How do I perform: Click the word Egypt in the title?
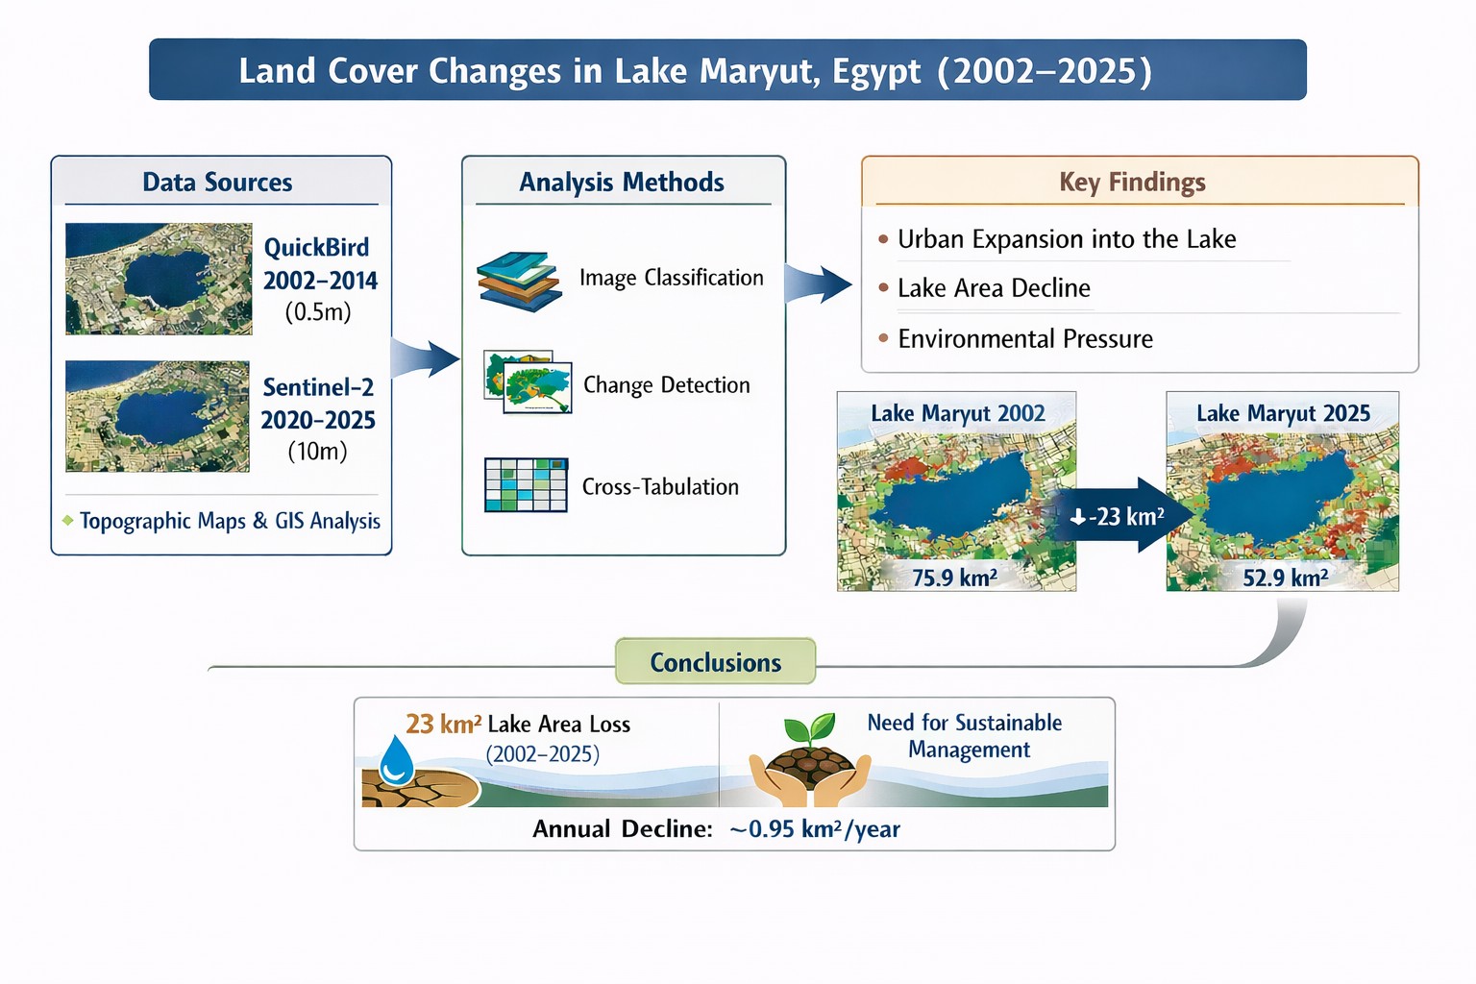pos(876,72)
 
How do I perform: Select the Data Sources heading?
pos(217,182)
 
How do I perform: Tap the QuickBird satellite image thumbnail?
pos(159,279)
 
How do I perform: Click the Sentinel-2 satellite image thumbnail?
pos(158,416)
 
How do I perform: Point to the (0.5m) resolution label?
pos(318,311)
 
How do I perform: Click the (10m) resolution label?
pos(318,451)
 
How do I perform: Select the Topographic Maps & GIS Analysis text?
pos(230,521)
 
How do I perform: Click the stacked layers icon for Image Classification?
pos(519,281)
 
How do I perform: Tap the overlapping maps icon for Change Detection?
pos(528,381)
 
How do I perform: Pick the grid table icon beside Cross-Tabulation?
pos(526,485)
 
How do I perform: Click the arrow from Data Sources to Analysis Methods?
pos(425,358)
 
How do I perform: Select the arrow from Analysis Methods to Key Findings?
pos(818,284)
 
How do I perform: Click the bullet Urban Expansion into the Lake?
pos(1066,238)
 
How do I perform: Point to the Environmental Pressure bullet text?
pos(1025,339)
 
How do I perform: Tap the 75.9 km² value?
pos(955,578)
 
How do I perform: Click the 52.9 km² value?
pos(1286,578)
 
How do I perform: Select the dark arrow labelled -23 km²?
pos(1120,515)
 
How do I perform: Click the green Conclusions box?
pos(716,661)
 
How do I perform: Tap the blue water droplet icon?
pos(397,760)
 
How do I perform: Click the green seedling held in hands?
pos(810,727)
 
